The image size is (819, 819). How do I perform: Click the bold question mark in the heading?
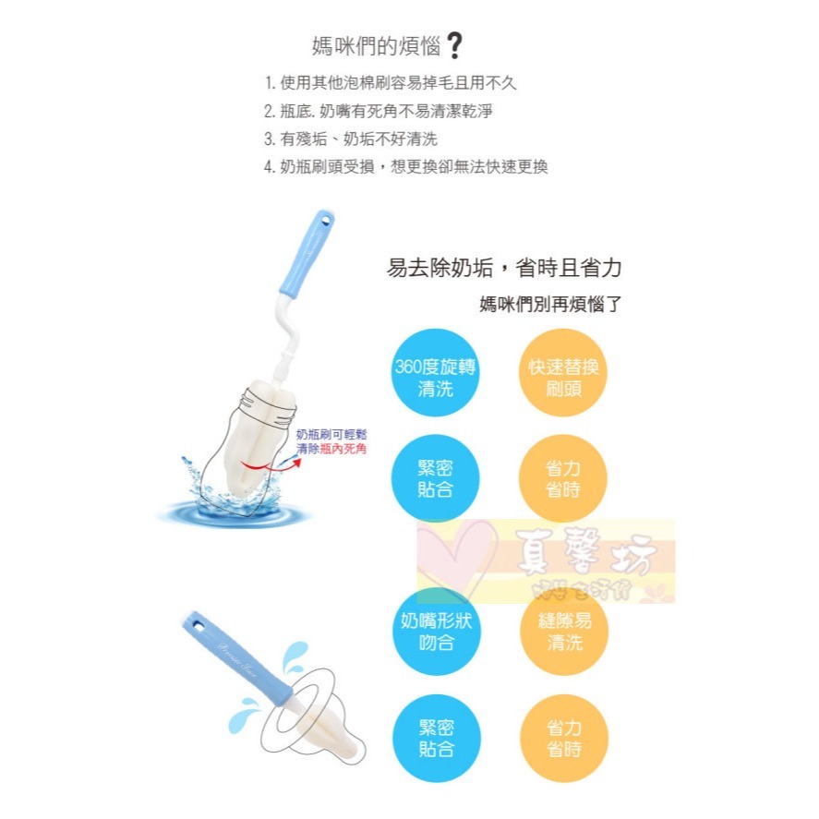[x=453, y=45]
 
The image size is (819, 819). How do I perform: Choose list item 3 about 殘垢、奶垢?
[x=351, y=139]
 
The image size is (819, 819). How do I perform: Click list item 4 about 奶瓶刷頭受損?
[x=406, y=167]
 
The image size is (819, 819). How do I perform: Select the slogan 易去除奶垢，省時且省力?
[x=504, y=269]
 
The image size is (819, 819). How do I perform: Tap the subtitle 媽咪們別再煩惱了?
[x=550, y=304]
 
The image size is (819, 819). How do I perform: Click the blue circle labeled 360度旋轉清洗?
[x=435, y=378]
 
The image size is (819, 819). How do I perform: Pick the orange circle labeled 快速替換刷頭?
[x=563, y=378]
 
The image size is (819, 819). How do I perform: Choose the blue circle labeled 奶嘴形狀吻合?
[x=435, y=632]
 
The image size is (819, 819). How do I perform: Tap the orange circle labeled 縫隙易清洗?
[x=563, y=632]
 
